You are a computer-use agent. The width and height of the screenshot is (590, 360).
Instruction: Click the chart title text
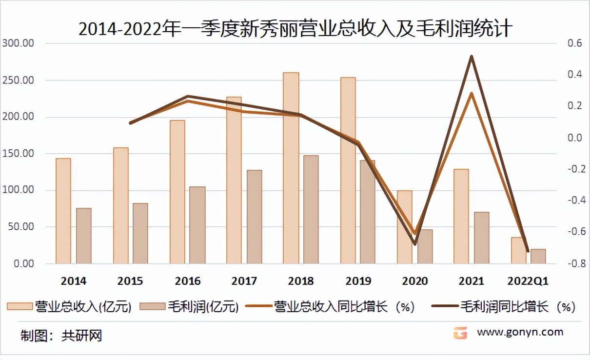tap(295, 28)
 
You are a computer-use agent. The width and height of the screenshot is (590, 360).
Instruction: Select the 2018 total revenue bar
tap(291, 168)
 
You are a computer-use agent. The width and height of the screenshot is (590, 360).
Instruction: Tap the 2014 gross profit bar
tap(84, 236)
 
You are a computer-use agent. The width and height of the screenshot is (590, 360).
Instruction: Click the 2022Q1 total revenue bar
tap(518, 250)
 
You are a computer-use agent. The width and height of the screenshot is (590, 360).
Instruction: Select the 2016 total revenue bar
tap(177, 192)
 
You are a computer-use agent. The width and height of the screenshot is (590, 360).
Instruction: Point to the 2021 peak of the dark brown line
tap(471, 57)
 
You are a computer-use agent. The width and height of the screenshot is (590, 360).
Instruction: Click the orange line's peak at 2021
tap(471, 93)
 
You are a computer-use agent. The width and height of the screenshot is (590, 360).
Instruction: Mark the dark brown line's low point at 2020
tap(415, 243)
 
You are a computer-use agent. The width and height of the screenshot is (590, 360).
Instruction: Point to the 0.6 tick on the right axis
tap(575, 43)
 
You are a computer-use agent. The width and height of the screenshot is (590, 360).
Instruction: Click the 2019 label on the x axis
tap(358, 281)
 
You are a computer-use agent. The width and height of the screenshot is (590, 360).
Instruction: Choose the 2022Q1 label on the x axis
tap(528, 281)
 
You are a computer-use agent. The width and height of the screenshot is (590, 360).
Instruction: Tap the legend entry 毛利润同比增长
tap(504, 307)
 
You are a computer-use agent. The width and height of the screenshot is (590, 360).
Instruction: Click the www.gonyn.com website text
tap(520, 332)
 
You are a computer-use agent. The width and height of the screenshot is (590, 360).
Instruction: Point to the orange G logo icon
tap(460, 333)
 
